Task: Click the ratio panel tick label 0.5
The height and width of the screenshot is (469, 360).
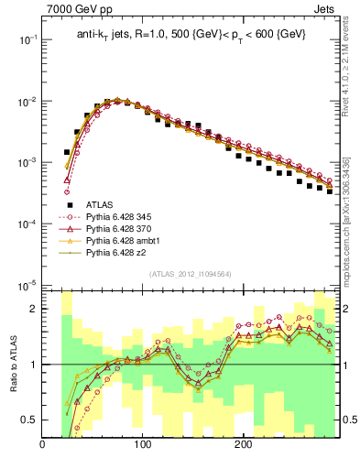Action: click(29, 420)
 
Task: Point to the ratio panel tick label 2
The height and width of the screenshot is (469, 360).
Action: click(34, 309)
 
